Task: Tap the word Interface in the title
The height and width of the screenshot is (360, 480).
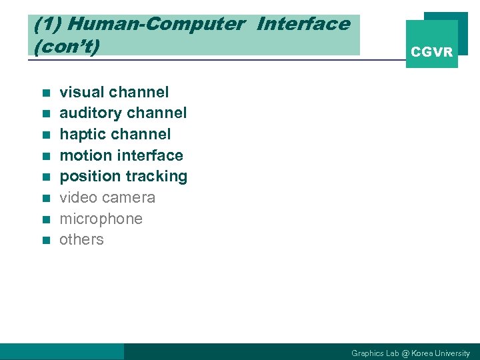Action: pos(303,25)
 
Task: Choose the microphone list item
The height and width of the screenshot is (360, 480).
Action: pos(101,219)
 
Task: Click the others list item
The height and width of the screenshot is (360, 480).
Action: pos(81,239)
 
